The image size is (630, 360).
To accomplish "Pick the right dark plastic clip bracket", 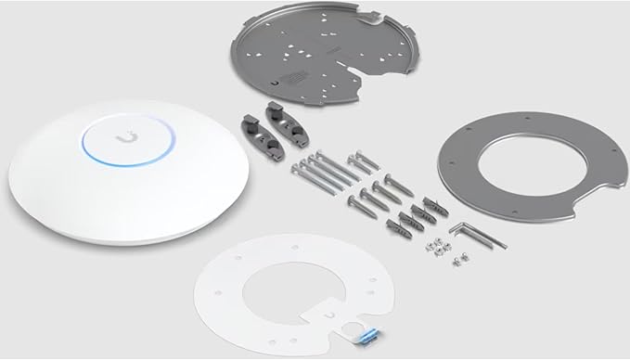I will pyautogui.click(x=275, y=122).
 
